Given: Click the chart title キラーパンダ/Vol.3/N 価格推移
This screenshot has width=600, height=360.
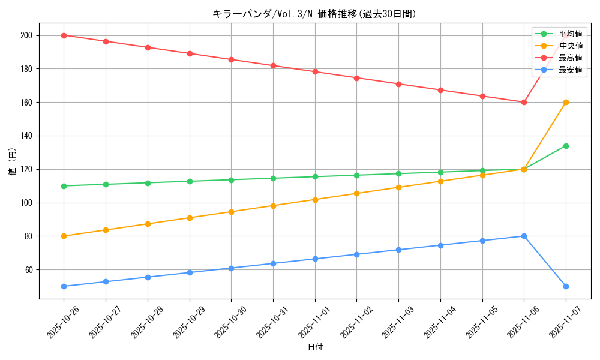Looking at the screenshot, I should [x=314, y=14].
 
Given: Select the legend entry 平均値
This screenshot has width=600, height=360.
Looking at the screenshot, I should [x=570, y=34].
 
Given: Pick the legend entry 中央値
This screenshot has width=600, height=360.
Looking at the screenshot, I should [x=570, y=46].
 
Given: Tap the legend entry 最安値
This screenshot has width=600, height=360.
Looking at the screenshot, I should [x=570, y=70].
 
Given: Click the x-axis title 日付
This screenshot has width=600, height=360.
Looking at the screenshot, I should [x=315, y=347].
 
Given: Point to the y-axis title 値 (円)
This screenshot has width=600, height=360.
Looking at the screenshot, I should [x=13, y=161].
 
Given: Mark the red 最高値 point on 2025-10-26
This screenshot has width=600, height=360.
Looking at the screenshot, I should [x=64, y=35].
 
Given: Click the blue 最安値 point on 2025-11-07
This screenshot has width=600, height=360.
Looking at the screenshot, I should [x=566, y=286].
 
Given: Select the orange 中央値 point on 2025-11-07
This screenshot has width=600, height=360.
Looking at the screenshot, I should [x=566, y=102].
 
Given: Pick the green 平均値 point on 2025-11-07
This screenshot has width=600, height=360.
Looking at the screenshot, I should [x=566, y=146].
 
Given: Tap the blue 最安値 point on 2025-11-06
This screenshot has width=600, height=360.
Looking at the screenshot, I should [x=524, y=236].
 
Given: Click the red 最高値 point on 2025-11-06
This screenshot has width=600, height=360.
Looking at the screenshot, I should [x=524, y=102].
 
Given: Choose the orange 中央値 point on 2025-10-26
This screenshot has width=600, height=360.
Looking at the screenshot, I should [x=64, y=236].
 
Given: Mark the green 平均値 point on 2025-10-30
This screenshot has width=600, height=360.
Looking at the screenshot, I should [x=231, y=179].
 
